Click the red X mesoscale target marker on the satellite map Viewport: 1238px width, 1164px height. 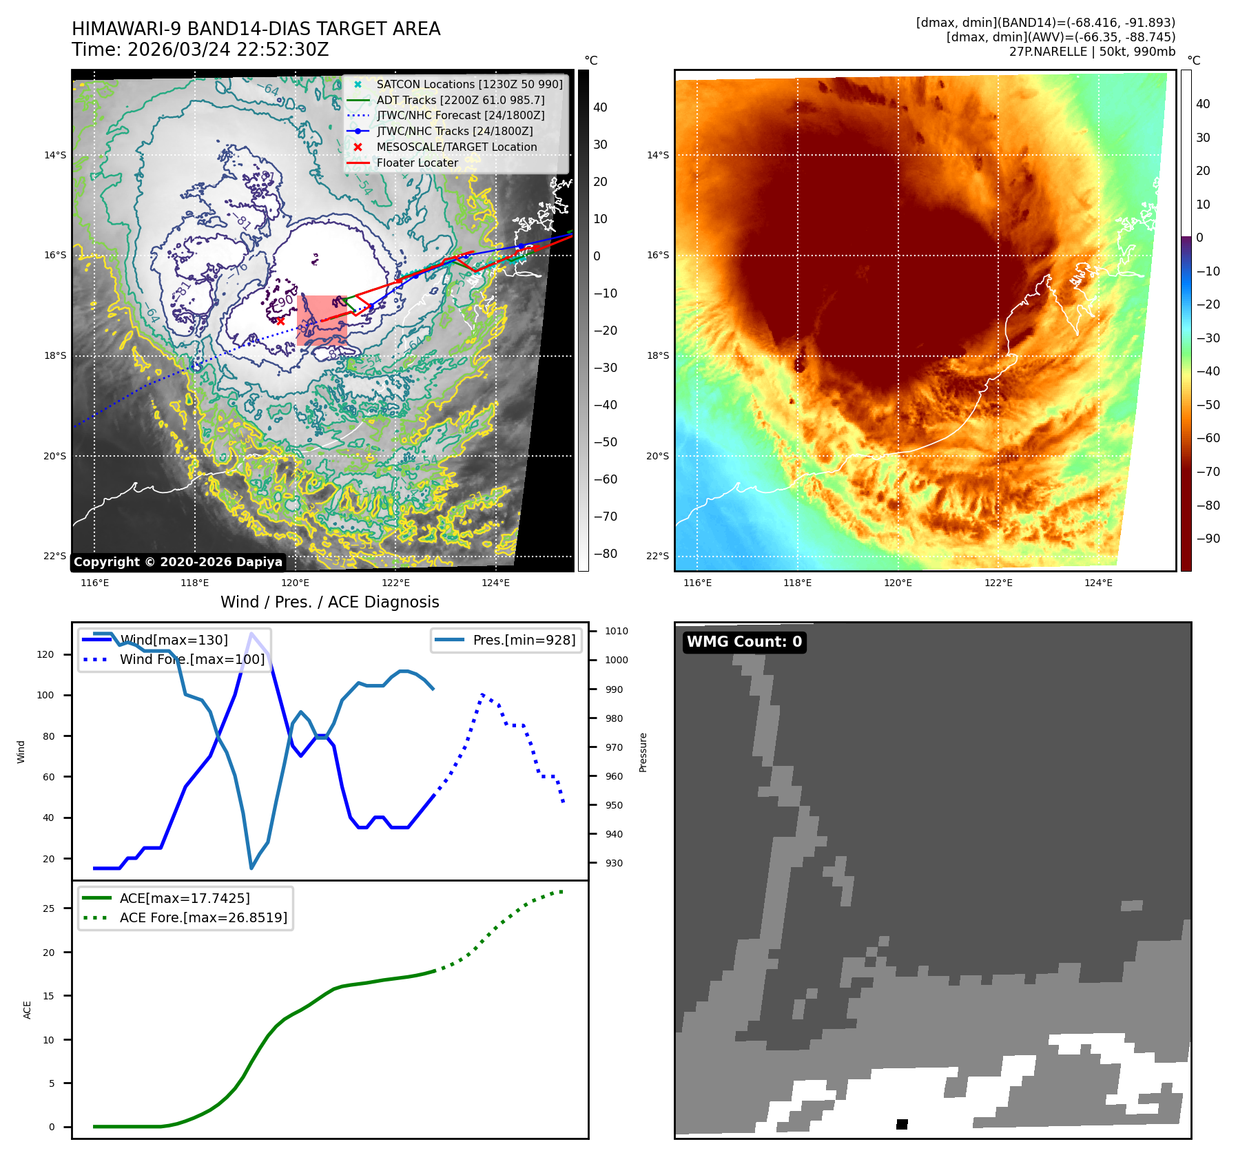[280, 321]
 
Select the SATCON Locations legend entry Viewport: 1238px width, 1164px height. [469, 84]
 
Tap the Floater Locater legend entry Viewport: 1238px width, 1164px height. [417, 163]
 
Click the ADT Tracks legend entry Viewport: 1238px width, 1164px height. [460, 100]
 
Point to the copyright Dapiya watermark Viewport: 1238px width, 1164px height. [178, 562]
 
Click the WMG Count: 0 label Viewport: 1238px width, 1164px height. [744, 642]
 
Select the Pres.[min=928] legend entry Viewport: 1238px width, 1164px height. [524, 640]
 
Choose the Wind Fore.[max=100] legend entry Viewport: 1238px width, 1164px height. [192, 659]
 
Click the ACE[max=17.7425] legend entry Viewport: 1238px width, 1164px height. [185, 898]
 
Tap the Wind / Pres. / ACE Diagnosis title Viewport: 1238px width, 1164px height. [329, 602]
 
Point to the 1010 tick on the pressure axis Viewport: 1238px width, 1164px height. [616, 631]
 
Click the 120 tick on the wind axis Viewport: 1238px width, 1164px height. [45, 654]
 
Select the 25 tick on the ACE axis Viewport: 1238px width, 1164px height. [48, 908]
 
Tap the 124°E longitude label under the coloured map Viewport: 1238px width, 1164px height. [1098, 583]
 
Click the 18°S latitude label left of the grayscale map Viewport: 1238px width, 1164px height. [55, 355]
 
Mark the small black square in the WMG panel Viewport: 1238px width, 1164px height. [902, 1124]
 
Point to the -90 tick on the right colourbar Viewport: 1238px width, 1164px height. [1208, 539]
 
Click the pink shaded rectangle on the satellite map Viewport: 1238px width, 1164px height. [322, 320]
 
